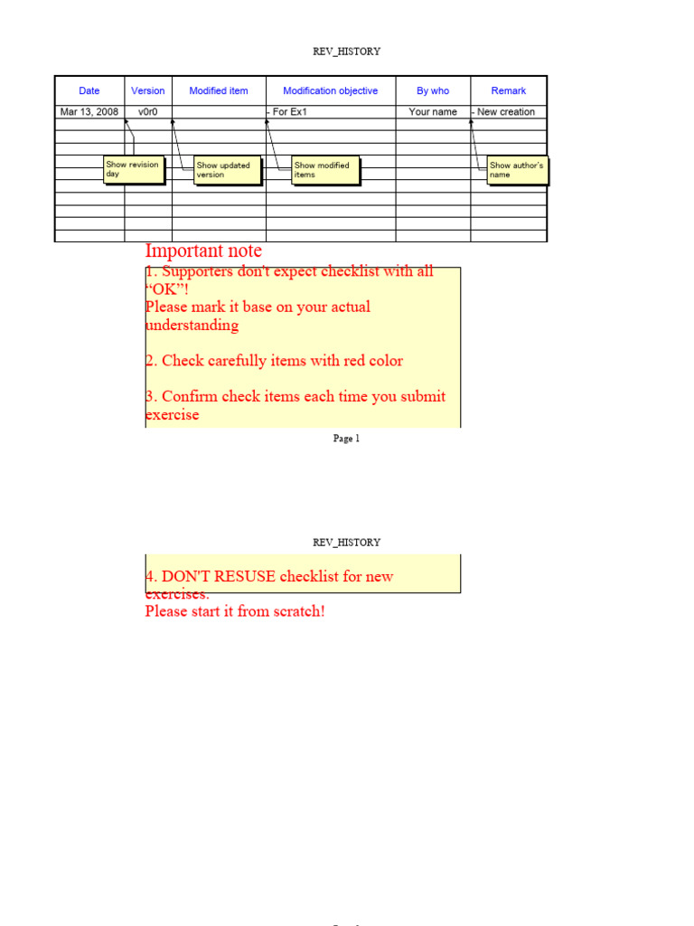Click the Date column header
pyautogui.click(x=89, y=90)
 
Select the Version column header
pyautogui.click(x=148, y=90)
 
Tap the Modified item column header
pyautogui.click(x=219, y=90)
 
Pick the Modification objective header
pyautogui.click(x=331, y=90)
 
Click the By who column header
pyautogui.click(x=433, y=90)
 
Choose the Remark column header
pyautogui.click(x=509, y=90)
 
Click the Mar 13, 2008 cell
pyautogui.click(x=89, y=112)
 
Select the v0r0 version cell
pyautogui.click(x=148, y=112)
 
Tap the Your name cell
pyautogui.click(x=433, y=112)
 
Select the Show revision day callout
pyautogui.click(x=134, y=169)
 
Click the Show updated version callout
pyautogui.click(x=227, y=170)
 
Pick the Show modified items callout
pyautogui.click(x=324, y=170)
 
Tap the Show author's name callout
pyautogui.click(x=517, y=170)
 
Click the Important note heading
pyautogui.click(x=203, y=250)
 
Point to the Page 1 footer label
pyautogui.click(x=346, y=439)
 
